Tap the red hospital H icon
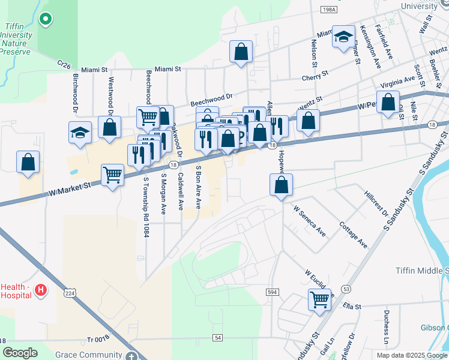click(x=40, y=291)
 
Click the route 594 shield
click(x=272, y=291)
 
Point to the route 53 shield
click(x=346, y=289)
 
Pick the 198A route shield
click(x=328, y=10)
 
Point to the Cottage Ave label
click(x=353, y=235)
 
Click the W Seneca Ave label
click(x=309, y=221)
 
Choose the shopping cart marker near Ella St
click(x=320, y=299)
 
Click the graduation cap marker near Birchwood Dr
click(x=80, y=133)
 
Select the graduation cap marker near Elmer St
click(x=344, y=38)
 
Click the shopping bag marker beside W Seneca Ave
click(x=281, y=185)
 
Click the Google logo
click(x=20, y=353)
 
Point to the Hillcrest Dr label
click(x=376, y=204)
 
